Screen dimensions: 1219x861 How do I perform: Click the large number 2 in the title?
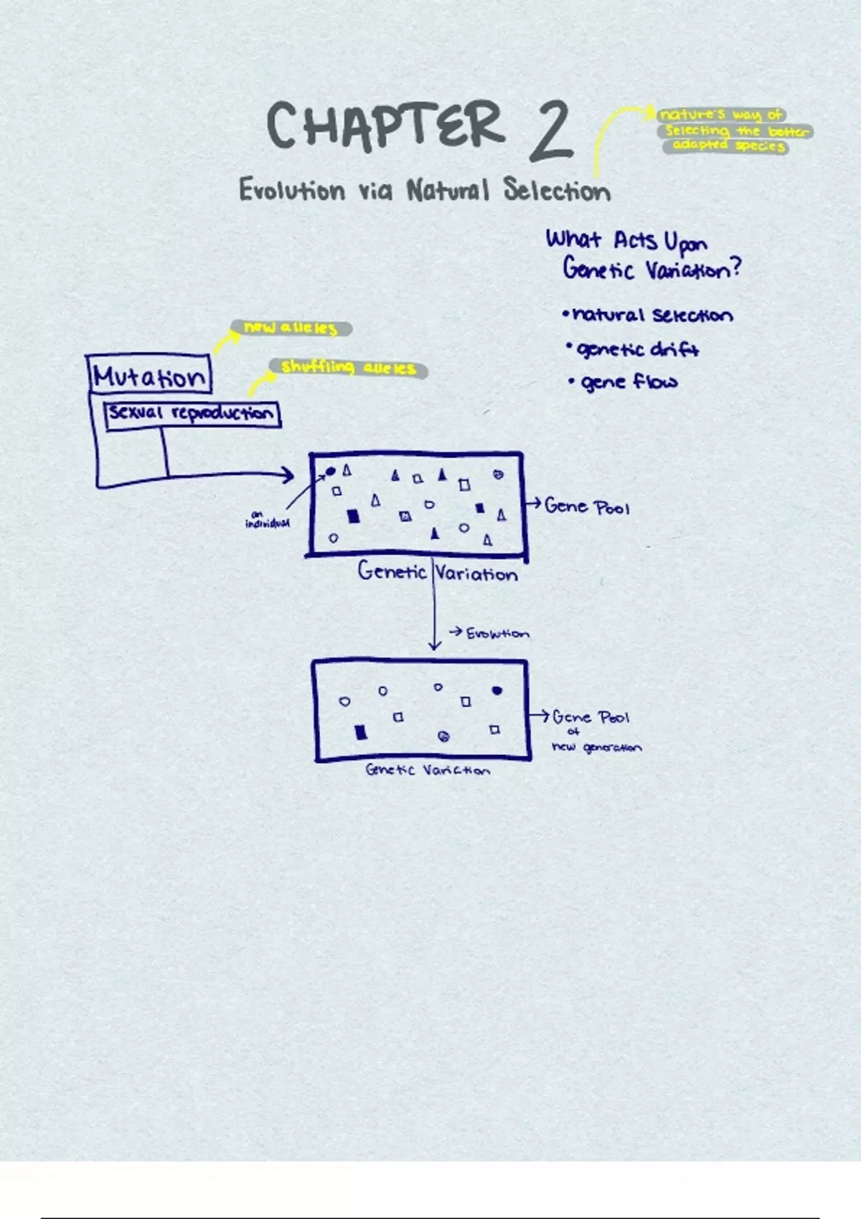pos(551,130)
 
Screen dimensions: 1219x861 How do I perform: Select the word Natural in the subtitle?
pos(448,191)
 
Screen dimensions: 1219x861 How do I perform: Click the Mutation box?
pos(149,376)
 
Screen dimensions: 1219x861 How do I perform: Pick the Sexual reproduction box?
pos(192,414)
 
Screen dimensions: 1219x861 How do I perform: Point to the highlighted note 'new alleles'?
pos(291,328)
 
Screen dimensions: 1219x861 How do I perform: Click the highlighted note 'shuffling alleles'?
pos(349,369)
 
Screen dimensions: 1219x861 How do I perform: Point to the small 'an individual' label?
pos(267,519)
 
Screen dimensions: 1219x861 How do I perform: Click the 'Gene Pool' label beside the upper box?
pos(586,507)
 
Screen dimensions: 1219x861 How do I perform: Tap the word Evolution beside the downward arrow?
pos(497,634)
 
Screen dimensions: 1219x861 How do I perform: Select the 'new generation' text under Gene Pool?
pos(597,747)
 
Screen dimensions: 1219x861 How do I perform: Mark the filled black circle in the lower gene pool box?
pos(497,691)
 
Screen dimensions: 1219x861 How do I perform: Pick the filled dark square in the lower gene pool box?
pos(361,732)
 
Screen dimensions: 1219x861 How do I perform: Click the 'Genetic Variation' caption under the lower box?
pos(428,770)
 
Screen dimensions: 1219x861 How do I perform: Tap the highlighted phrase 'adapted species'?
pos(728,146)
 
